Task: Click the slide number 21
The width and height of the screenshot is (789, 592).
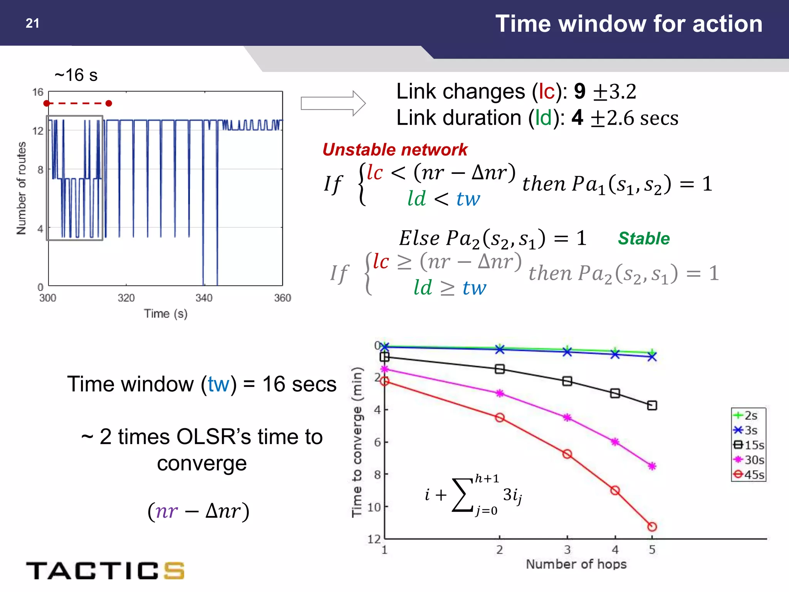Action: point(32,24)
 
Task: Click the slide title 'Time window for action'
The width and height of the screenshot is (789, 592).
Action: point(629,24)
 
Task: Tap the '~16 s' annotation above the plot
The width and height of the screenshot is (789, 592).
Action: point(76,75)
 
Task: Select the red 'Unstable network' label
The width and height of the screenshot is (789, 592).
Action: point(395,150)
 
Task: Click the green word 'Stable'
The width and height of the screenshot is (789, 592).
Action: point(644,239)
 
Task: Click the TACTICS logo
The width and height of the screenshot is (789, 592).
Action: point(105,570)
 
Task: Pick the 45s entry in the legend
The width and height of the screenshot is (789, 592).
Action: point(749,474)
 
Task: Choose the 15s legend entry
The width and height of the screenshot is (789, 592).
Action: point(749,445)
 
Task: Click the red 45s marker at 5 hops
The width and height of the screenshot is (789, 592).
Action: point(652,526)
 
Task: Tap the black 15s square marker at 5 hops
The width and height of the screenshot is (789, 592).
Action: point(652,405)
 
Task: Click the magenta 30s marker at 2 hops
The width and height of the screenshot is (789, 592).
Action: point(500,394)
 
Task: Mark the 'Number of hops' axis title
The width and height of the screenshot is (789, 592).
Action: point(576,564)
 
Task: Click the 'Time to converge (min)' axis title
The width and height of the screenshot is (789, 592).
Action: point(357,442)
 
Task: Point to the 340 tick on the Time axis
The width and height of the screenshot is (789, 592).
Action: point(204,298)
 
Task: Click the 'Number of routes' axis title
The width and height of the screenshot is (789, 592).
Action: point(22,188)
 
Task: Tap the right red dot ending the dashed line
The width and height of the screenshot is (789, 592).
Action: point(109,103)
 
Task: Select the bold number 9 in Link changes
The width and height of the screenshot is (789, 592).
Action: point(579,92)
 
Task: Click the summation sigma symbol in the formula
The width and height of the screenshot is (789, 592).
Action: point(462,495)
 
